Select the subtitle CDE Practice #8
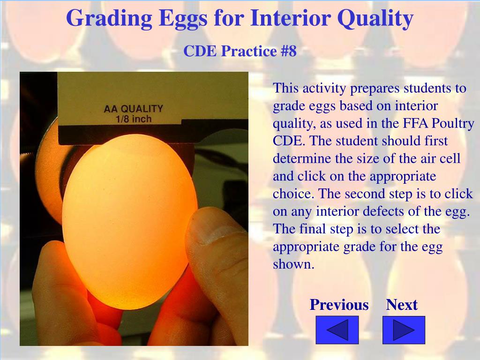240,51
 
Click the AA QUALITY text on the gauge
133,109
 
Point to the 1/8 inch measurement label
133,119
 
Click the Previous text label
339,305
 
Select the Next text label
402,305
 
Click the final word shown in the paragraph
292,264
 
